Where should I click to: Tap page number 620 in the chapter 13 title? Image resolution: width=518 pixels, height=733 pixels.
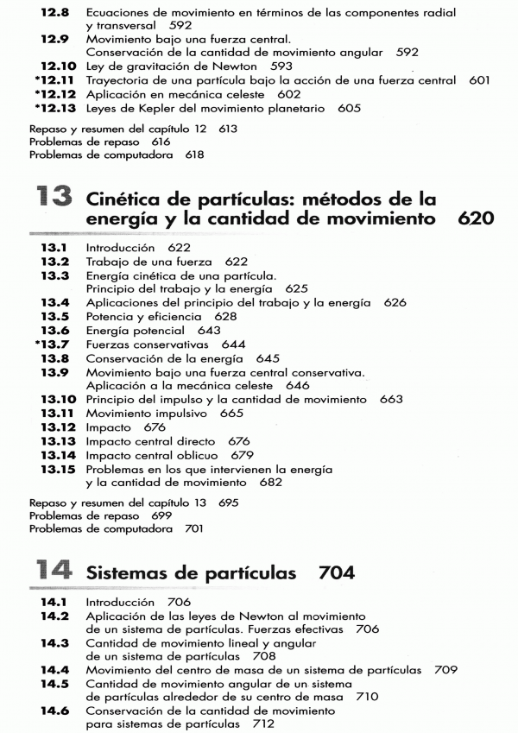coord(477,219)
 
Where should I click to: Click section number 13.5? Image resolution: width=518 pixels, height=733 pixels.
coord(57,316)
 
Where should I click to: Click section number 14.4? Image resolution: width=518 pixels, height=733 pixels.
coord(57,669)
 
